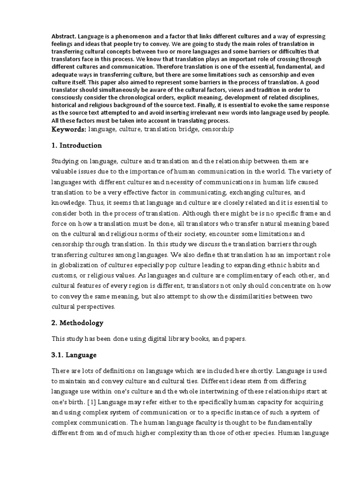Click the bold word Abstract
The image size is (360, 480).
coord(63,37)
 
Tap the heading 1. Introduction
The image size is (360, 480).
coord(76,145)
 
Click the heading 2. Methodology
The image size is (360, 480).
coord(77,323)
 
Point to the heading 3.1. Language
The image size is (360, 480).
coord(74,355)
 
